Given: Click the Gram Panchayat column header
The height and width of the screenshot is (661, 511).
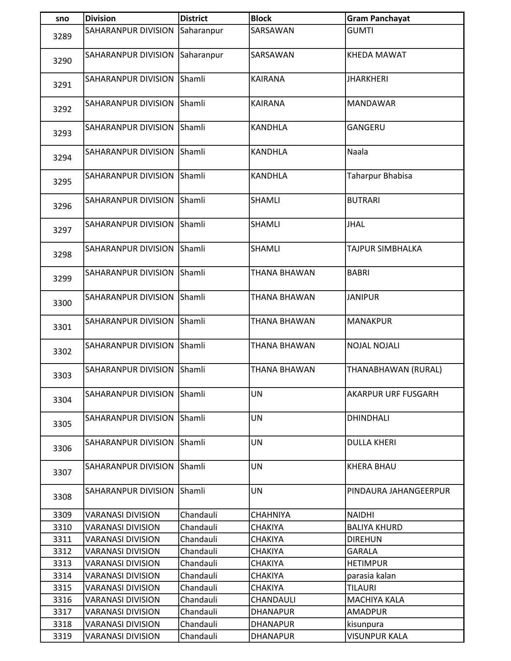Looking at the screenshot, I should click(x=378, y=18).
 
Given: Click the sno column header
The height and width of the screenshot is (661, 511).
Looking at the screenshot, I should click(x=62, y=18).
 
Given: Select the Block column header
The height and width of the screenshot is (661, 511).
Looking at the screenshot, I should click(x=261, y=18).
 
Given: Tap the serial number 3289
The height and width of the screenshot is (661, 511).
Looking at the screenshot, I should click(x=62, y=36).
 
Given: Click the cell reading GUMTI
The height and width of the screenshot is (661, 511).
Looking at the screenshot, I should click(x=360, y=30).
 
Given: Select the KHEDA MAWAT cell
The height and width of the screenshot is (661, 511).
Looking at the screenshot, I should click(x=376, y=55).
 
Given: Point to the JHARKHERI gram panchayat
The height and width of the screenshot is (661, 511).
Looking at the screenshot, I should click(x=367, y=79).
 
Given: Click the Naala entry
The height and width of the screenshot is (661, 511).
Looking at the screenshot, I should click(x=357, y=152).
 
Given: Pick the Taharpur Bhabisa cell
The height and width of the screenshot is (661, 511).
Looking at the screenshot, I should click(x=379, y=176).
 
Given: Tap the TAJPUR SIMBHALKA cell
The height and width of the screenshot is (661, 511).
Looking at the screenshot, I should click(x=384, y=249).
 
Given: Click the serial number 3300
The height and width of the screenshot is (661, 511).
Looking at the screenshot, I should click(x=62, y=303).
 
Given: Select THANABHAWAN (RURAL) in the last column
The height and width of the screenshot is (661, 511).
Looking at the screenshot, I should click(x=394, y=370).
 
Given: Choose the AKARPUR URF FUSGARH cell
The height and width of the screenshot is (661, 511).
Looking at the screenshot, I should click(x=392, y=394).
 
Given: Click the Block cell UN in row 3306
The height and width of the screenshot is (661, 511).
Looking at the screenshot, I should click(x=257, y=442).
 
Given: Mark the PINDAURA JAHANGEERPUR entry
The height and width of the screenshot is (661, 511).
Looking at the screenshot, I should click(x=398, y=491).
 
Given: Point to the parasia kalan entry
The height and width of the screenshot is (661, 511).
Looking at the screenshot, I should click(x=371, y=576).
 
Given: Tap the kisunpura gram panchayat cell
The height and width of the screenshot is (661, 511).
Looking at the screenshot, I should click(x=365, y=624).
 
